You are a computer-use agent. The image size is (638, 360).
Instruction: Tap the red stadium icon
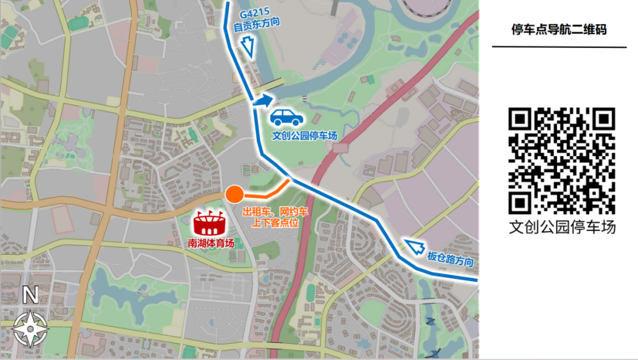[209, 223]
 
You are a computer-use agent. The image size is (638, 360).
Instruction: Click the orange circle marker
[234, 194]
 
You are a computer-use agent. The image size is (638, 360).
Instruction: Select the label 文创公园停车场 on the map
[304, 135]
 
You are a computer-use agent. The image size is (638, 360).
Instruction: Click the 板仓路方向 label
[450, 258]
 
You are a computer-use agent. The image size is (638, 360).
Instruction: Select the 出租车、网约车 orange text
[275, 211]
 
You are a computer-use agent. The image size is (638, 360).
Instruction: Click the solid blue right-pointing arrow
[264, 101]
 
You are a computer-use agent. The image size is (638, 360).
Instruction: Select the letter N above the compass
[30, 294]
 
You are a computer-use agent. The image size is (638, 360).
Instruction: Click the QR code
[562, 161]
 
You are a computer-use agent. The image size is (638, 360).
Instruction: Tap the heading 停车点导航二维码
[559, 30]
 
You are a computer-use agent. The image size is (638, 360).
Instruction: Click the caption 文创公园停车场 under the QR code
[562, 227]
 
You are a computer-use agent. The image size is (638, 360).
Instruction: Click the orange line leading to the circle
[266, 194]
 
